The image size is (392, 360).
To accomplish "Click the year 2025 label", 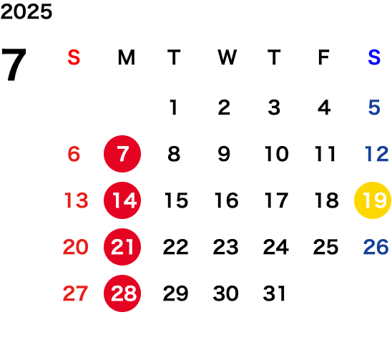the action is pos(26,11).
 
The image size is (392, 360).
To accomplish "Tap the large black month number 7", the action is pos(14,64).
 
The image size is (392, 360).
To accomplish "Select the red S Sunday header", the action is pos(74,57).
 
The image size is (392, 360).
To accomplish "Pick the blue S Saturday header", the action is pos(374,57).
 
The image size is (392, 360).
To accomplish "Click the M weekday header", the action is pos(127,57).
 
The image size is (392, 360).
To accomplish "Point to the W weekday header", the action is pos(227,57).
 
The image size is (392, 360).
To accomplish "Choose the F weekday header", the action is pos(324,57).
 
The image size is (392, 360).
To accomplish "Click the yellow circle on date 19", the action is pos(373,200).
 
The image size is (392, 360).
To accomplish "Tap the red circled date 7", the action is pos(122,154).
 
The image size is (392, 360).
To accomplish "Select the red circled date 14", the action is pos(122,200).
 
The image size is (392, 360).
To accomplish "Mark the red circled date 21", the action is pos(122,247).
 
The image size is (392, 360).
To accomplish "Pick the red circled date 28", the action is pos(122,293).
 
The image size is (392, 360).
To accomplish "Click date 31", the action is pos(274,293).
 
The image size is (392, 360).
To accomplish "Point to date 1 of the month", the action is pos(174,107).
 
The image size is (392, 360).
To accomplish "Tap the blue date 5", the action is pos(374,107).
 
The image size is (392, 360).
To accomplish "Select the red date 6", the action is pos(74,154).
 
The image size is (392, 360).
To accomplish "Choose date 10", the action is pos(277,154).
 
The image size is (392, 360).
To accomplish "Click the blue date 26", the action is pos(376,247).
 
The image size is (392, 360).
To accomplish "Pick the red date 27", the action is pos(75,293).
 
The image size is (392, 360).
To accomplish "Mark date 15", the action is pos(176,200).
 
